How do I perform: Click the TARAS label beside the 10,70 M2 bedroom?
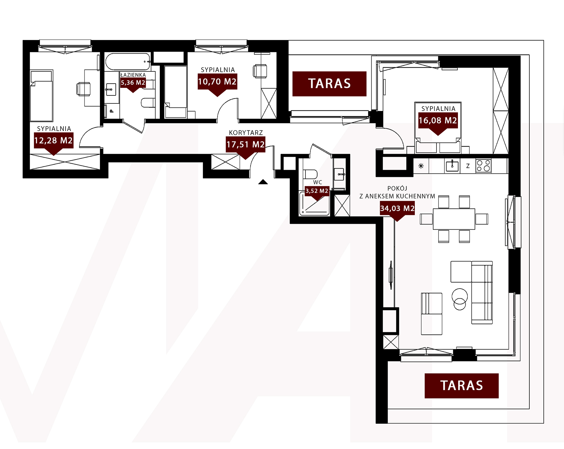point(329,84)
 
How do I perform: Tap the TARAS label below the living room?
point(461,386)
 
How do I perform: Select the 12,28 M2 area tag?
point(53,140)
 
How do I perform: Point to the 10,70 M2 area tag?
point(217,82)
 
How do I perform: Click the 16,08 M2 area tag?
point(438,120)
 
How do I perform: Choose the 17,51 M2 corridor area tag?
point(246,144)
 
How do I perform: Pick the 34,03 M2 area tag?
point(397,208)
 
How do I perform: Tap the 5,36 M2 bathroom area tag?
point(133,83)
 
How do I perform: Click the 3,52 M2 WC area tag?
point(317,191)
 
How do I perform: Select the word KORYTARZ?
point(246,133)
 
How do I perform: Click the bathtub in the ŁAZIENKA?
point(128,61)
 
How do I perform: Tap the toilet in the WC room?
point(310,174)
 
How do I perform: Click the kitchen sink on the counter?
point(452,166)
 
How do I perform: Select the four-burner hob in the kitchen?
point(483,166)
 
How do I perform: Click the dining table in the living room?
point(454,219)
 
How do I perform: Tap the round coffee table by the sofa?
point(460,299)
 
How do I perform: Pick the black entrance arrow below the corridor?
point(263,182)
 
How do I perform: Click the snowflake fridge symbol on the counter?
point(421,166)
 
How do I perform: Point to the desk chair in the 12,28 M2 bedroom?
point(83,89)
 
